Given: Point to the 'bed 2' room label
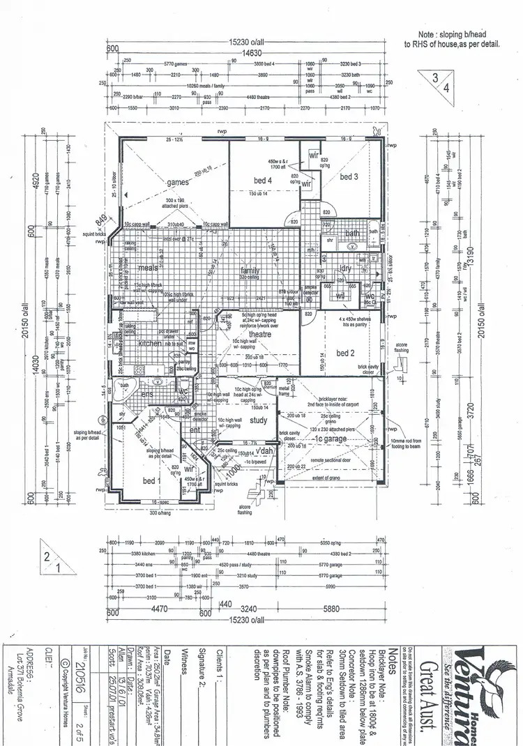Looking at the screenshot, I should click(344, 353).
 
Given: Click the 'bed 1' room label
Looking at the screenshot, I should click(151, 481).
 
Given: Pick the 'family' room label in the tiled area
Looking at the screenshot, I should click(250, 271).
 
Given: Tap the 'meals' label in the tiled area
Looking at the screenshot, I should click(148, 268).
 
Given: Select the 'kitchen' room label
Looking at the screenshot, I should click(150, 344).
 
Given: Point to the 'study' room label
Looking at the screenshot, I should click(258, 420).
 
